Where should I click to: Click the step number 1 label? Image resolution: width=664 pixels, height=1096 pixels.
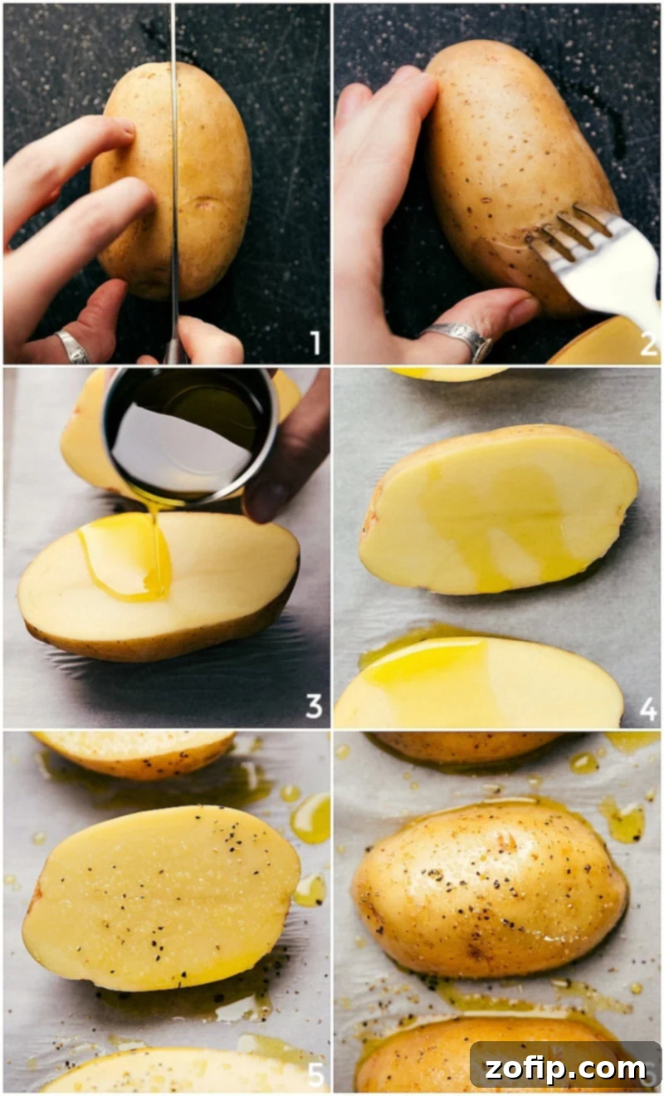pyautogui.click(x=314, y=342)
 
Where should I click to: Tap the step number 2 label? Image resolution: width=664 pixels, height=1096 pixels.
pyautogui.click(x=648, y=344)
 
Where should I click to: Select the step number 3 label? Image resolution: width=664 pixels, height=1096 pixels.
pyautogui.click(x=314, y=707)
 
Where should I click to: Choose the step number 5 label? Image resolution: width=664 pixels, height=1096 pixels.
pyautogui.click(x=315, y=1074)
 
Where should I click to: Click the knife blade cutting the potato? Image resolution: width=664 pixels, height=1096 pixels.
pyautogui.click(x=174, y=166)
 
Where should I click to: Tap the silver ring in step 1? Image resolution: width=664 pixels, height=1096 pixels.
pyautogui.click(x=71, y=346)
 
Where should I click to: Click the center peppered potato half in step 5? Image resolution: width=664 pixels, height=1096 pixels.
pyautogui.click(x=162, y=897)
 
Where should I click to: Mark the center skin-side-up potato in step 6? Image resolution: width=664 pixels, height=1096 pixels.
pyautogui.click(x=490, y=888)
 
